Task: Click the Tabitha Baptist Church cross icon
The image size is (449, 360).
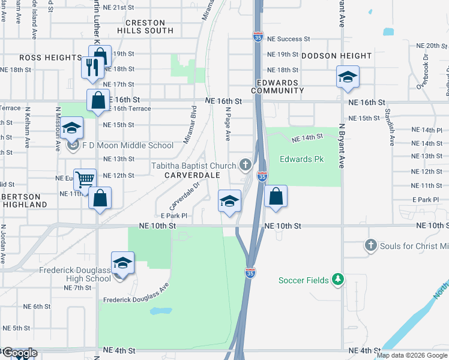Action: point(245,164)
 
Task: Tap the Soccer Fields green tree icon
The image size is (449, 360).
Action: point(339,280)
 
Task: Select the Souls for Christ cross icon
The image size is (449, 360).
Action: point(370,245)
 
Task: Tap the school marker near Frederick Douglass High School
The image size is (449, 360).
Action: point(122,263)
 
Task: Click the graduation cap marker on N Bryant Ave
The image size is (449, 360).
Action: point(347,77)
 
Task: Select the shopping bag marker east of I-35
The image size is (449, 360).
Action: point(276,196)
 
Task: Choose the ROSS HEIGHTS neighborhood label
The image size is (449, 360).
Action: point(50,58)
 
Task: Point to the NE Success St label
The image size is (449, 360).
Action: point(289,39)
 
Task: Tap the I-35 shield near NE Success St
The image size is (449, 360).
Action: point(258,36)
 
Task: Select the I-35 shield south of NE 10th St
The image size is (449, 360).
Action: point(250,272)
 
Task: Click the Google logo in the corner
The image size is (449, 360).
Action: point(19,353)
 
